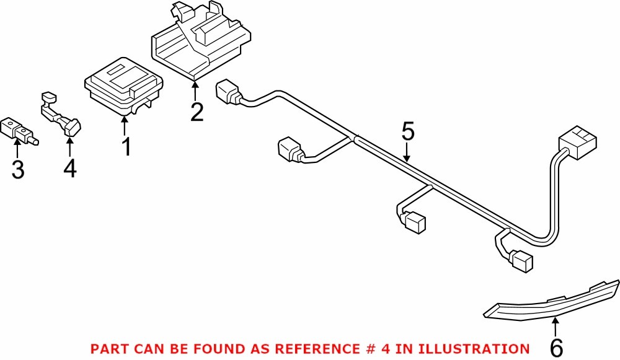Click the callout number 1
126,147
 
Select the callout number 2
197,112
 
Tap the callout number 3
19,169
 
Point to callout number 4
70,169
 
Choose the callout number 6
557,348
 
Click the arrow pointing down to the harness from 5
407,152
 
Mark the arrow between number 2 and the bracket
195,92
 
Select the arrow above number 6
556,327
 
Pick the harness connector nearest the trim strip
521,261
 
